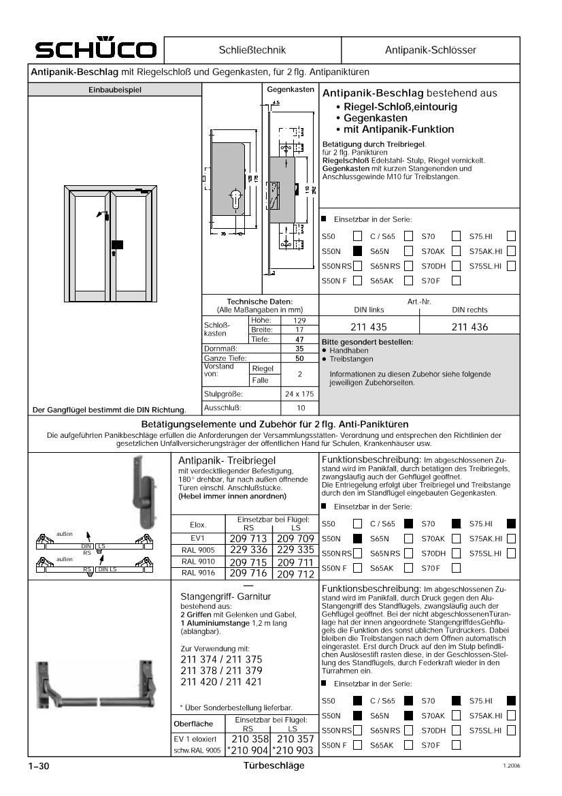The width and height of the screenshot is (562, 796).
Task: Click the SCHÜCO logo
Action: tap(97, 50)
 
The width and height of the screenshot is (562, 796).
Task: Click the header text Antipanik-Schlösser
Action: tap(431, 50)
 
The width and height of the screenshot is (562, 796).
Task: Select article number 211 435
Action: tap(369, 327)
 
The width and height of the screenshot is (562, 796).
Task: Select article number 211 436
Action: tap(469, 327)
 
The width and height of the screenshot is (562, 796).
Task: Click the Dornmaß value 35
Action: tap(299, 348)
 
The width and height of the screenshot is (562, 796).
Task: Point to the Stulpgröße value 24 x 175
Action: tap(299, 394)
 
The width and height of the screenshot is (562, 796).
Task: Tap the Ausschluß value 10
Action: tap(300, 408)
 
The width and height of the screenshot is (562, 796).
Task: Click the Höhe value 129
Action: tap(299, 320)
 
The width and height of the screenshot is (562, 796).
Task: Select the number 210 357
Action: tap(295, 739)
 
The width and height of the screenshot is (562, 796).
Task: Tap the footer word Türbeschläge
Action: tap(274, 765)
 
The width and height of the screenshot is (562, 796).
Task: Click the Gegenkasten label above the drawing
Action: tap(290, 89)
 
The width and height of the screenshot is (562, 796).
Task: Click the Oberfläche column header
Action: tap(194, 723)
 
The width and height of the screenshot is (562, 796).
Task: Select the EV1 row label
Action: tap(197, 538)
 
